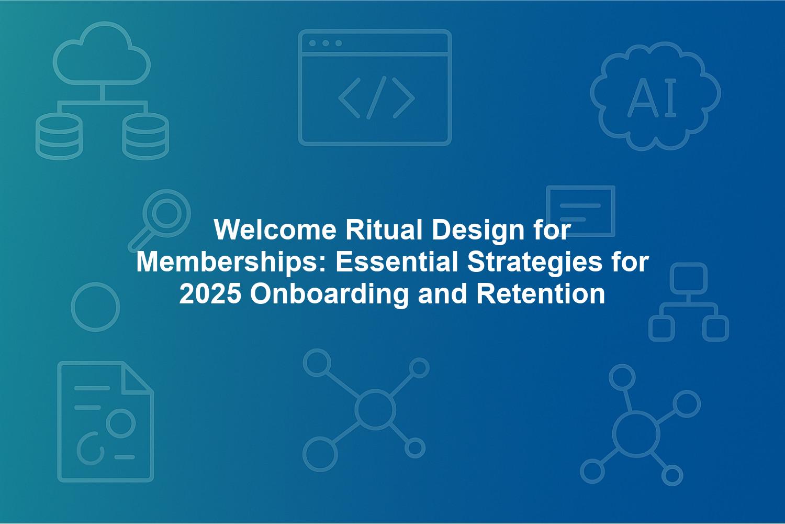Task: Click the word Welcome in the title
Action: [x=275, y=230]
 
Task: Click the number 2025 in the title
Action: [x=210, y=294]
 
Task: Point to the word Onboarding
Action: [x=329, y=295]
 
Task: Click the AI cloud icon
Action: [x=655, y=96]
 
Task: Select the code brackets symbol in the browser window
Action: [x=376, y=97]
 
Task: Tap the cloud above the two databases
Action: [x=102, y=53]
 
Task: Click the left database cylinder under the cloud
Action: [x=59, y=136]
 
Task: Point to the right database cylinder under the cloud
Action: [x=145, y=136]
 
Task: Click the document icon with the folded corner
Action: [x=106, y=421]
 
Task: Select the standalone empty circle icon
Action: [x=95, y=307]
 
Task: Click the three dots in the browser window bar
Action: [x=326, y=43]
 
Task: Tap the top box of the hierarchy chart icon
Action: [x=689, y=278]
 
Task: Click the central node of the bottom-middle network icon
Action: [x=375, y=409]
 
